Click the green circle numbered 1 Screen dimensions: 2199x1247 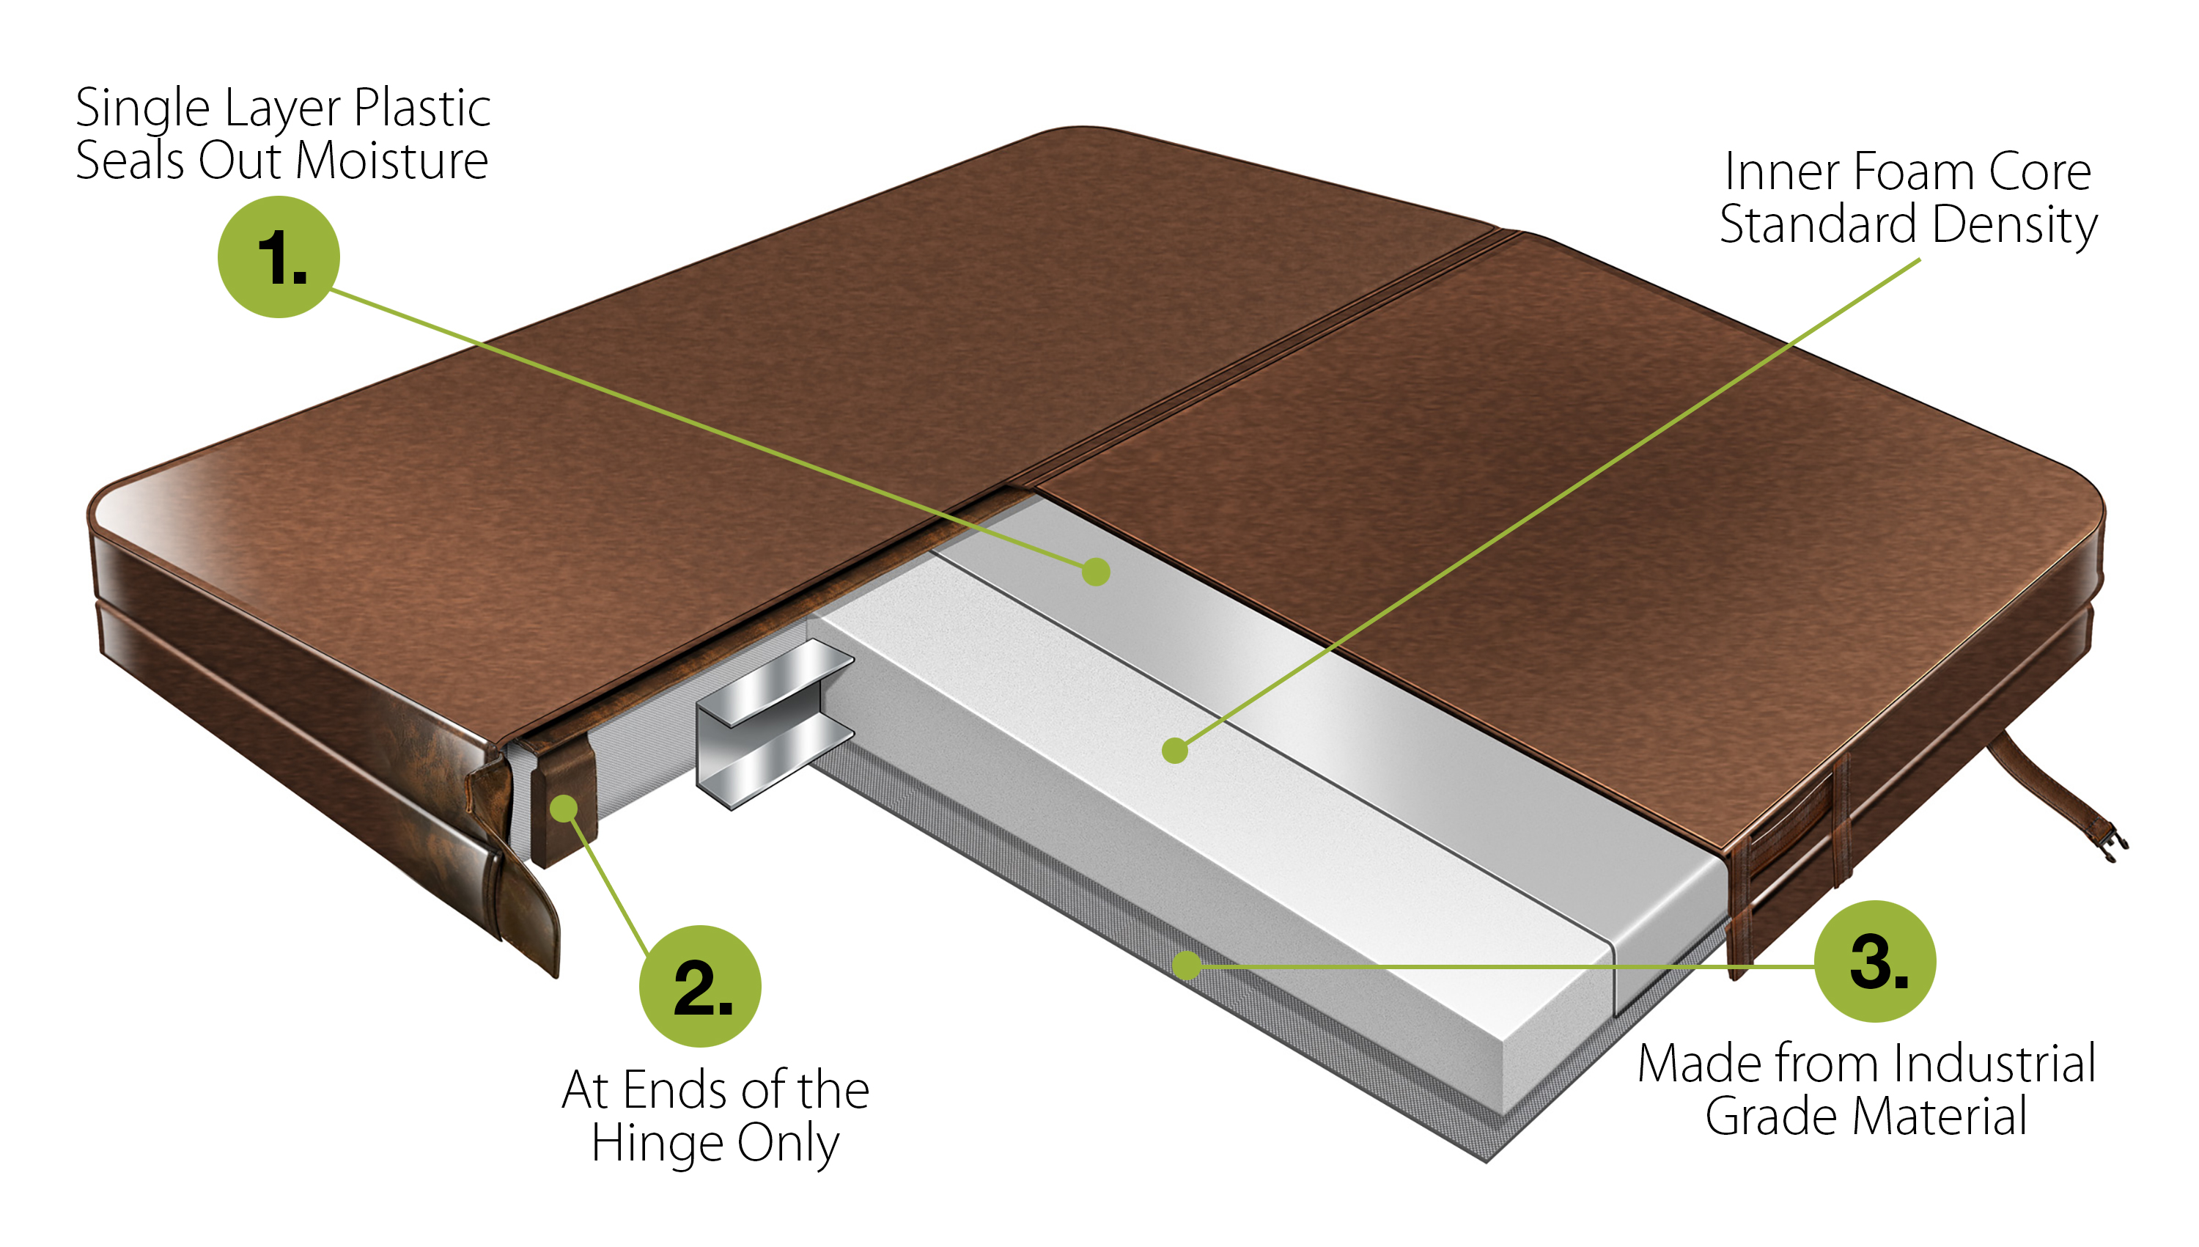pos(279,257)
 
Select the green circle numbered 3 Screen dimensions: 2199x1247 pos(1875,961)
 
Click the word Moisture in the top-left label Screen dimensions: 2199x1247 pos(391,161)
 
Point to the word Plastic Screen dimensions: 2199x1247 pos(422,108)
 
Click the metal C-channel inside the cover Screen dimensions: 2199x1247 pos(770,723)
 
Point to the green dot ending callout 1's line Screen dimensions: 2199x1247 pos(1095,571)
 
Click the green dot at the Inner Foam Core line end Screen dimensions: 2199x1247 pos(1175,750)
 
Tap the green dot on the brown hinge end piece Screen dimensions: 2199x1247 pos(564,808)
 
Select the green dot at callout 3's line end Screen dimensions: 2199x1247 pos(1187,965)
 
